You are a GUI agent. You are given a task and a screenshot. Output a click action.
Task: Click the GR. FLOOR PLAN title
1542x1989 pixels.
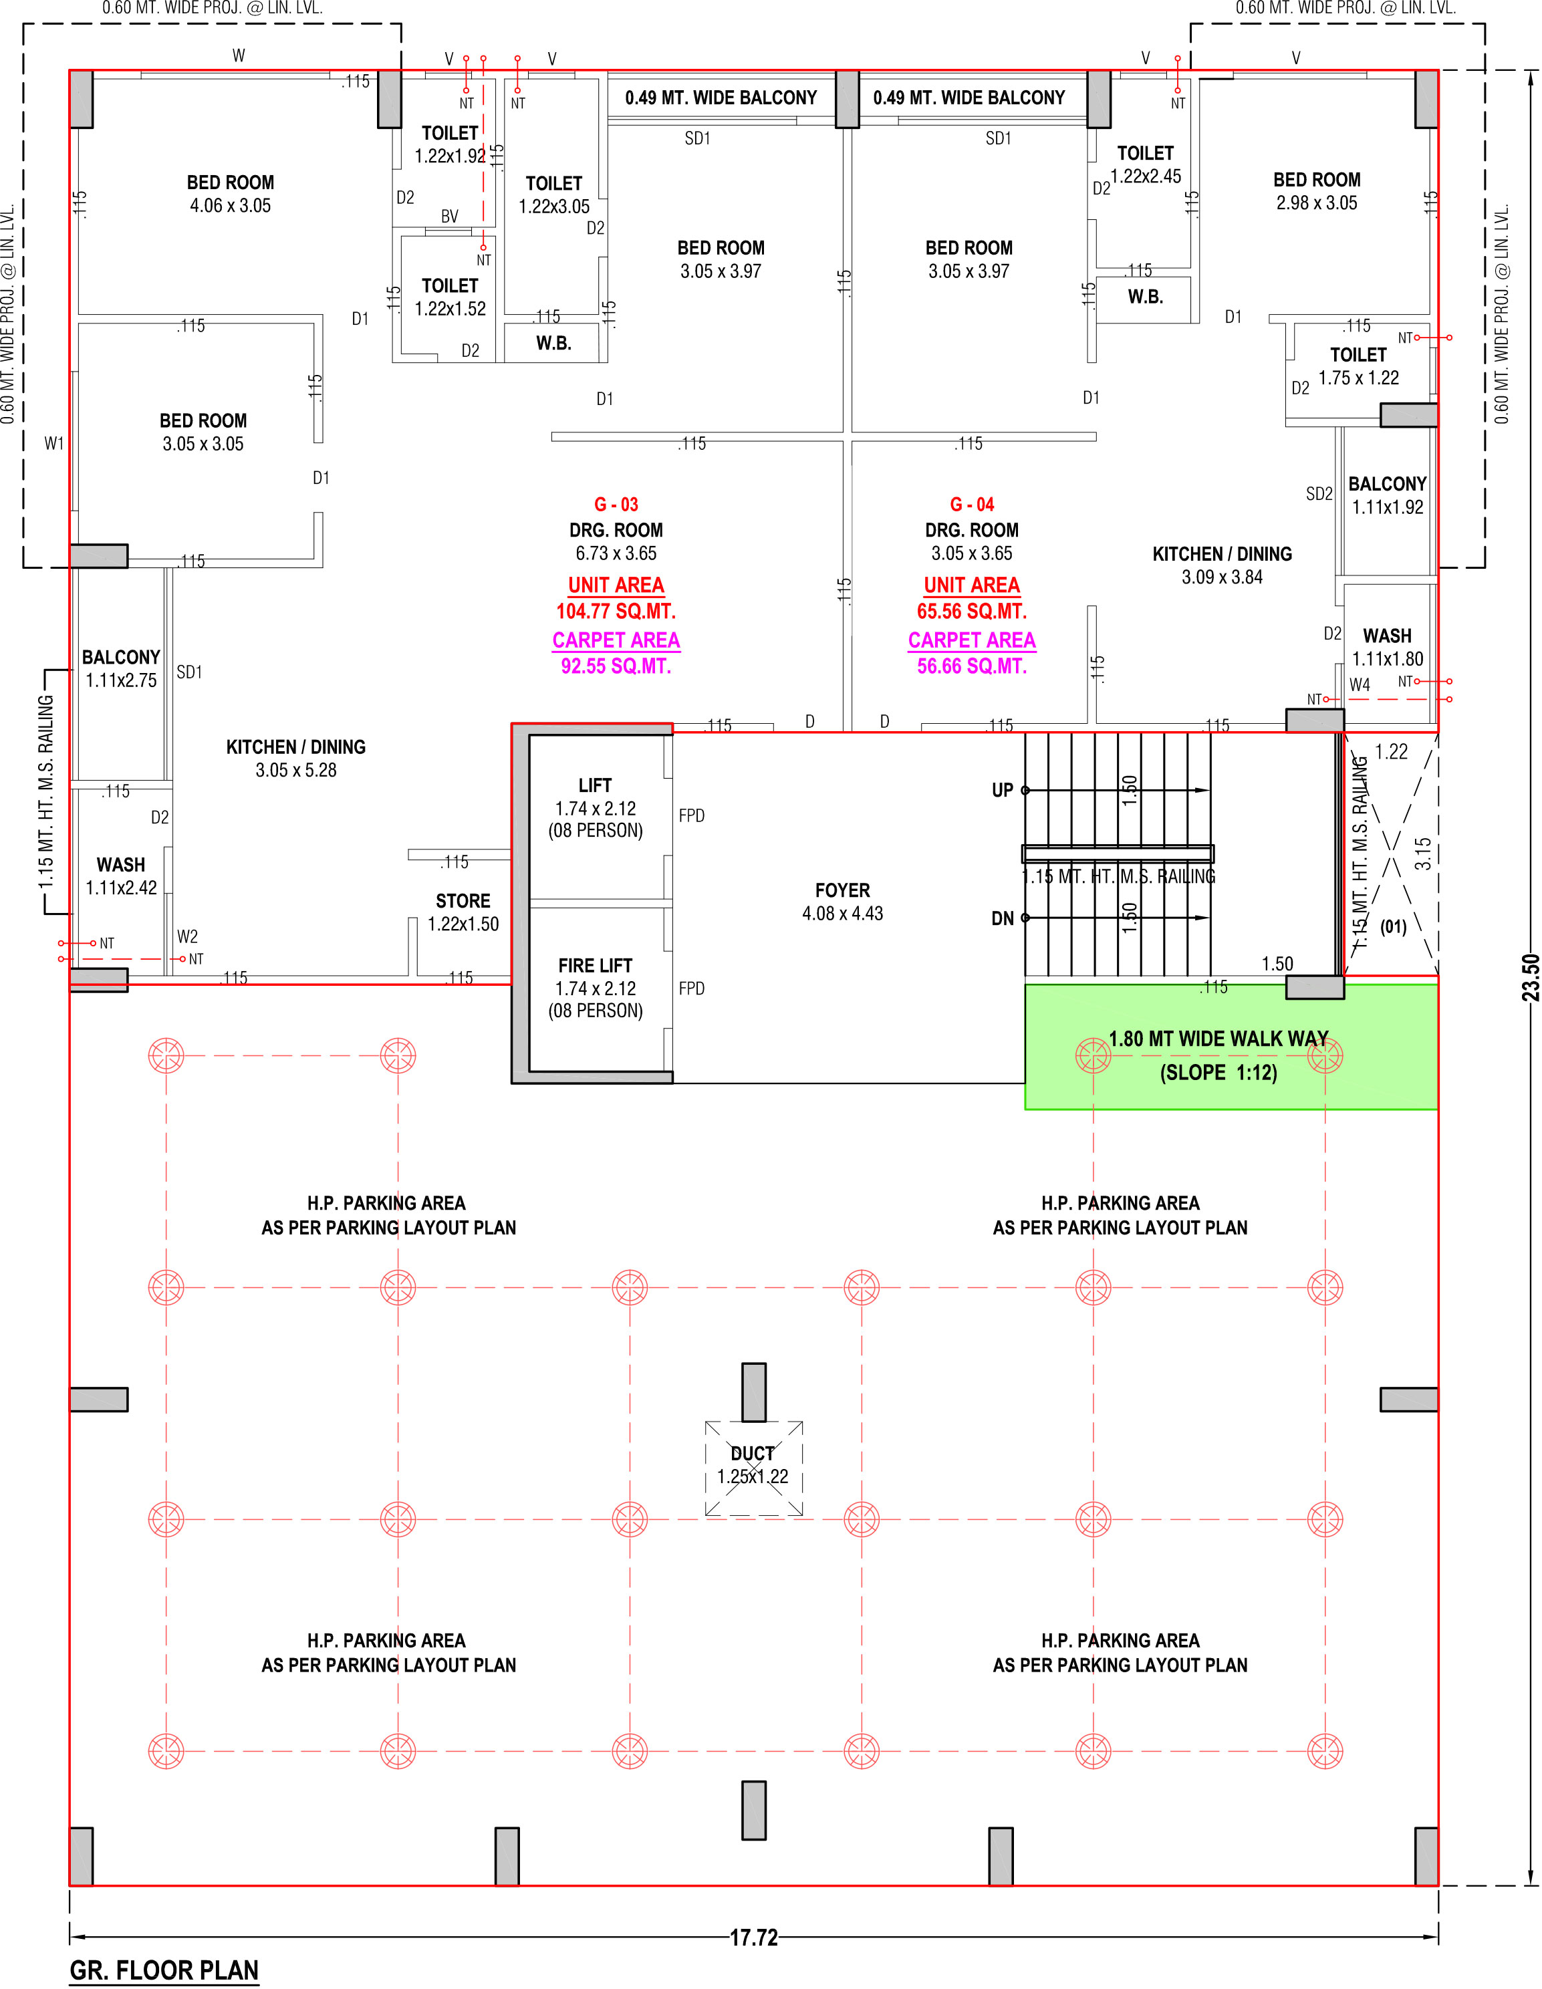coord(164,1970)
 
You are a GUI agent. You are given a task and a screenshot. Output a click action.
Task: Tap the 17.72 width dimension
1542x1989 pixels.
coord(753,1937)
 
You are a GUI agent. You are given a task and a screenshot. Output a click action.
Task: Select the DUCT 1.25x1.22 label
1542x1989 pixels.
coord(753,1465)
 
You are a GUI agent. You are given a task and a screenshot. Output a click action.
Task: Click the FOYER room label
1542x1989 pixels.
coord(842,902)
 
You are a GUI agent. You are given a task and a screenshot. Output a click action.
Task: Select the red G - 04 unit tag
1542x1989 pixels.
coord(972,505)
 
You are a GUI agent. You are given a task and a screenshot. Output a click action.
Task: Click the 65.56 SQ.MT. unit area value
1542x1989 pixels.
coord(972,611)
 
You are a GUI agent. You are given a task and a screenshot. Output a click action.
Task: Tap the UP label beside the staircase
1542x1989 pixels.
coord(1002,789)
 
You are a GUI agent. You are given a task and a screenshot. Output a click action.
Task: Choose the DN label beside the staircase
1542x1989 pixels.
coord(1002,918)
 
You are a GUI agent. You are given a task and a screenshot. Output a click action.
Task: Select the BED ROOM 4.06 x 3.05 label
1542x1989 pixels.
coord(231,194)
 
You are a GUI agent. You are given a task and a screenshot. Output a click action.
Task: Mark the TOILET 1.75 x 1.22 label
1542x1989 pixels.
coord(1358,366)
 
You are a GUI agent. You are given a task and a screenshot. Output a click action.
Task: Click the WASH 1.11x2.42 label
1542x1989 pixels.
coord(121,876)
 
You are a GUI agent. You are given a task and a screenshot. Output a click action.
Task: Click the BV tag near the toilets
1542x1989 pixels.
coord(449,217)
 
